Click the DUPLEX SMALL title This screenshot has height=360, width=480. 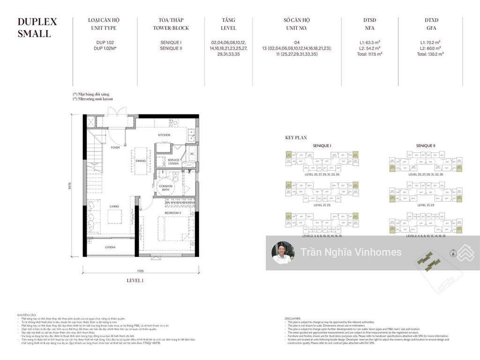tap(37, 27)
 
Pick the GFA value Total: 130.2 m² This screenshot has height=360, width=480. tap(430, 54)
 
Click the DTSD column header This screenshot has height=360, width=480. tap(369, 20)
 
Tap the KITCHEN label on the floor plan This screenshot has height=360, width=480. tap(164, 135)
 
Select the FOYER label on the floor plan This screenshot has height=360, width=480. tap(115, 148)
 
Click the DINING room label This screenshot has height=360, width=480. tap(141, 161)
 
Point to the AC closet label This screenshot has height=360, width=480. tap(192, 154)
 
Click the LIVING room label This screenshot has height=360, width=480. tap(113, 206)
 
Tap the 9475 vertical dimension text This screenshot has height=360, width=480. tap(69, 186)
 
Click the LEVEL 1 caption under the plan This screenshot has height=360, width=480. tap(135, 280)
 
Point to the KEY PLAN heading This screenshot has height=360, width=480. tap(296, 138)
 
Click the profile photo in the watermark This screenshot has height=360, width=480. tap(283, 253)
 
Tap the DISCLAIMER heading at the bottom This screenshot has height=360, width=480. tap(294, 319)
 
